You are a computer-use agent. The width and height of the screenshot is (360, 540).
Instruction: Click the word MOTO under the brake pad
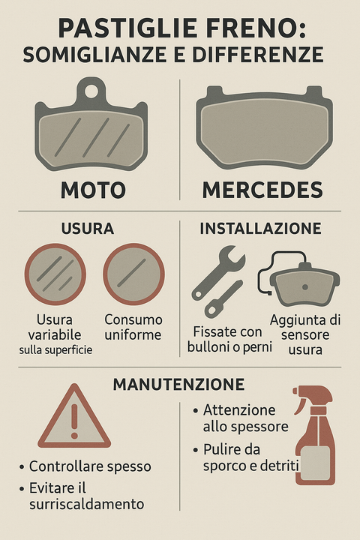[x=93, y=190]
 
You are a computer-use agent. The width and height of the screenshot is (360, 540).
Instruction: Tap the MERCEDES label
[x=262, y=190]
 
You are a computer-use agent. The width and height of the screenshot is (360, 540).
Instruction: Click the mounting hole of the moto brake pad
[x=91, y=91]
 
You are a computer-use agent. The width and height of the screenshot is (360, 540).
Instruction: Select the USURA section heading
[x=88, y=229]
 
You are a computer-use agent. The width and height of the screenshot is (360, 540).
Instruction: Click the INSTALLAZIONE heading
[x=260, y=229]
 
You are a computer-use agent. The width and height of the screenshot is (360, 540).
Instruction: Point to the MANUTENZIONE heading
[x=178, y=384]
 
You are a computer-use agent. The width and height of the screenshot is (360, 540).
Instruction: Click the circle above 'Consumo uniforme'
[x=133, y=274]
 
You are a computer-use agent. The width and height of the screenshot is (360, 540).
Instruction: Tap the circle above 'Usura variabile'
[x=55, y=274]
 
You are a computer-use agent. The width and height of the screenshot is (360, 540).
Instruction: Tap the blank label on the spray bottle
[x=315, y=463]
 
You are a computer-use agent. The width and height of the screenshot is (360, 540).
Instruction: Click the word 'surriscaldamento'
[x=86, y=504]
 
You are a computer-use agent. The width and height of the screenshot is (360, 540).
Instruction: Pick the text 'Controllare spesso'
[x=90, y=466]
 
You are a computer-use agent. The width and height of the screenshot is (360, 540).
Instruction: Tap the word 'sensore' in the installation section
[x=305, y=334]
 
